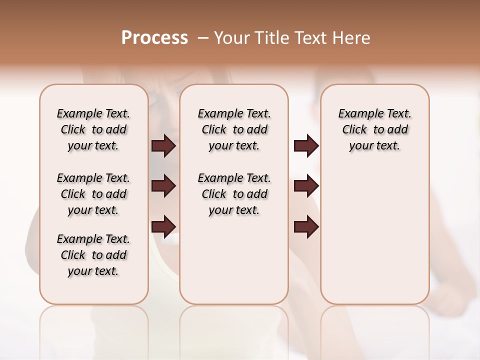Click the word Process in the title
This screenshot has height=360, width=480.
154,38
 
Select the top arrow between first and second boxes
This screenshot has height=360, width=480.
163,145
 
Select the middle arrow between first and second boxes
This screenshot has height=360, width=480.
163,186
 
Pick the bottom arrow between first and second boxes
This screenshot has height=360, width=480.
163,226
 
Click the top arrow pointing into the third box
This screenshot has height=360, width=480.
306,145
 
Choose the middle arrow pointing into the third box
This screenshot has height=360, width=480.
306,186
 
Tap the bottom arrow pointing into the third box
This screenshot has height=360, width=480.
306,226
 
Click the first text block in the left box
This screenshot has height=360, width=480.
93,129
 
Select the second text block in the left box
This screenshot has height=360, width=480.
93,194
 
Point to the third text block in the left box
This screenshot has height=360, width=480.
93,255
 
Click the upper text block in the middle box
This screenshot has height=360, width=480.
234,129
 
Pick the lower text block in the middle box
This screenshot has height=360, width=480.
234,194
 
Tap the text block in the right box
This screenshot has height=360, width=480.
374,129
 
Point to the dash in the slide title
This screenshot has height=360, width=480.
202,38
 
